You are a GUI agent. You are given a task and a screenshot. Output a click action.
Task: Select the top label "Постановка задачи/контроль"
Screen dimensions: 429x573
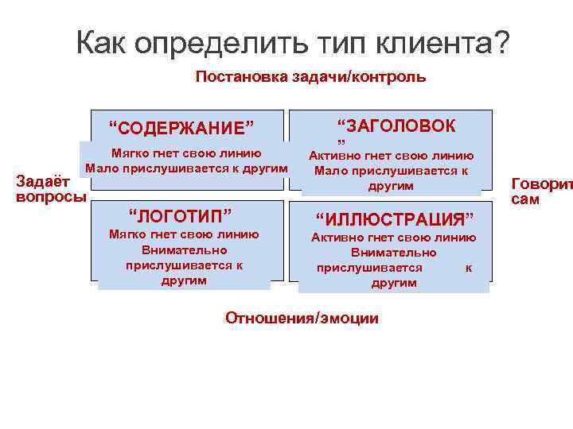tap(310, 77)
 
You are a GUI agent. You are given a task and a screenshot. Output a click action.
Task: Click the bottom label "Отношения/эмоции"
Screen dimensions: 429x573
tap(302, 319)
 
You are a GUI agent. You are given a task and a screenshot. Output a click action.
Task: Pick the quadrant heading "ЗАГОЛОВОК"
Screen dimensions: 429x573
tap(396, 126)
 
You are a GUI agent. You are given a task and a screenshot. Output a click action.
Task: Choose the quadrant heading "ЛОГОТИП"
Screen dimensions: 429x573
tap(181, 214)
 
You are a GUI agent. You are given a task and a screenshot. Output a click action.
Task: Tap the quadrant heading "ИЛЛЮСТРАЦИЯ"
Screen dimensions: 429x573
tap(395, 218)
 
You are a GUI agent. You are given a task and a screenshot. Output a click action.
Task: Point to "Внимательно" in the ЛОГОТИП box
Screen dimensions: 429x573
tap(184, 249)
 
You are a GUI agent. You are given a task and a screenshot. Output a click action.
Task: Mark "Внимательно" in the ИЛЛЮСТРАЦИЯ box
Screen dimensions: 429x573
tap(394, 253)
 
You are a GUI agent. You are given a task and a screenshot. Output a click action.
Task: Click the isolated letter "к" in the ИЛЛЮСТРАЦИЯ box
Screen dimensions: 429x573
tap(468, 269)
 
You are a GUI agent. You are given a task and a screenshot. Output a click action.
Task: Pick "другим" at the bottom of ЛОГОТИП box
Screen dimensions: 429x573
tap(184, 280)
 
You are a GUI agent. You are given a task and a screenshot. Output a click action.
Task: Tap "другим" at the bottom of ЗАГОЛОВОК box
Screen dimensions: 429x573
tap(391, 186)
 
